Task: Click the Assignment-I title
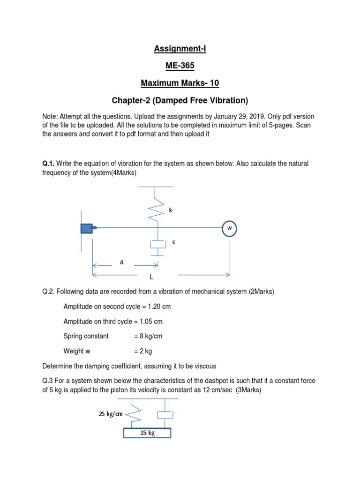point(180,48)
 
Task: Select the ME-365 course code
point(180,66)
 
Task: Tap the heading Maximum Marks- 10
point(180,83)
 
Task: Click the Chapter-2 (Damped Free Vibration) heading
point(180,101)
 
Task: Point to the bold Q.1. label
point(48,164)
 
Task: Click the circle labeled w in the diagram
point(230,228)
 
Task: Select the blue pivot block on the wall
point(87,228)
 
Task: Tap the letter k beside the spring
point(171,210)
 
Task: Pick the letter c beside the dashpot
point(174,242)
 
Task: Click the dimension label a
point(122,262)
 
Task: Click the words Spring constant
point(86,336)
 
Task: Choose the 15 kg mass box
point(147,433)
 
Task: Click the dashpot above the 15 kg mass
point(165,414)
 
